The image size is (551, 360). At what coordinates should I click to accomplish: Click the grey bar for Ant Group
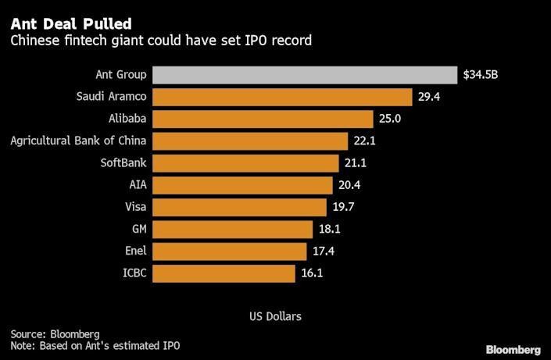tap(305, 75)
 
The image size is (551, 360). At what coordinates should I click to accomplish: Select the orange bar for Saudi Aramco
tap(282, 97)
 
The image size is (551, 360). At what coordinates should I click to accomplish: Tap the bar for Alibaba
tap(263, 119)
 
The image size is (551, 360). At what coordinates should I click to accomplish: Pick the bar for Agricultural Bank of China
tap(250, 141)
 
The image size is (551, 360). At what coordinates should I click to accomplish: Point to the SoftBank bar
tap(246, 163)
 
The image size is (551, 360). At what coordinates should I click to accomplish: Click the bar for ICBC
tap(224, 273)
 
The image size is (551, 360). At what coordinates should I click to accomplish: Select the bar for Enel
tap(229, 251)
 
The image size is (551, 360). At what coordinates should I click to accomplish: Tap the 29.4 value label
tap(429, 98)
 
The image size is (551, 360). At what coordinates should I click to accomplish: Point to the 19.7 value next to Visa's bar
tap(343, 208)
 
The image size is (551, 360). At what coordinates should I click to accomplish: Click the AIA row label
tap(138, 185)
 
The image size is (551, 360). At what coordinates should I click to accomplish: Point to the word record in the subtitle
tap(292, 41)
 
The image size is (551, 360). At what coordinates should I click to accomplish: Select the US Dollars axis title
tap(275, 316)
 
